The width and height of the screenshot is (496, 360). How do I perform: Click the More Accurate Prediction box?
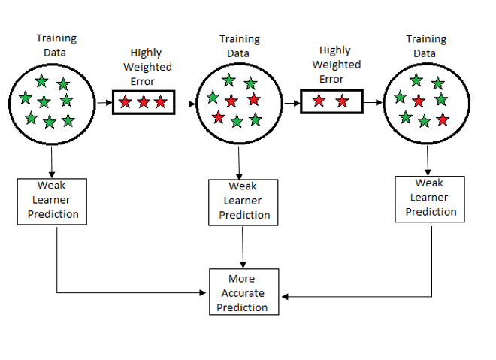point(242,292)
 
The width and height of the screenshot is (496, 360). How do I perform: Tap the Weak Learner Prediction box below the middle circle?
point(243,201)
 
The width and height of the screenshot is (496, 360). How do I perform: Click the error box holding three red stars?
point(143,101)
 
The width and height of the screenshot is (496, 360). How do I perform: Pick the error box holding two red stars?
point(331,101)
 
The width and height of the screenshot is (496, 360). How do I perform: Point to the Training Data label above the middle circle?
point(238,46)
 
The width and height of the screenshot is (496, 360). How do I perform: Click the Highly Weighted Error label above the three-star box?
point(150,67)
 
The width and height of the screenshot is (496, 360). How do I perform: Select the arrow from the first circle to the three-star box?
point(104,101)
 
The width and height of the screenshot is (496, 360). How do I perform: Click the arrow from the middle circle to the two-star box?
point(292,101)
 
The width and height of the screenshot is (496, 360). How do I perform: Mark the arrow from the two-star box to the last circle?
point(372,101)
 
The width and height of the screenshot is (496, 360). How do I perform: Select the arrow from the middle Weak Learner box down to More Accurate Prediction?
point(242,247)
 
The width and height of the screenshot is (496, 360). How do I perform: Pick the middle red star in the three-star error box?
point(144,102)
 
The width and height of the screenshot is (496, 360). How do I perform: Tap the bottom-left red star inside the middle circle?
point(218,116)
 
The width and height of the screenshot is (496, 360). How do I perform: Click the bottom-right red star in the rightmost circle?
point(443,119)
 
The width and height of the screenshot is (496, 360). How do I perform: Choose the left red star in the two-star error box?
point(319,101)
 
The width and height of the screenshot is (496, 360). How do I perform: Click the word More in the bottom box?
point(242,279)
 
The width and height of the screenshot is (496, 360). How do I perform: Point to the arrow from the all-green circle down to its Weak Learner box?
point(52,161)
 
